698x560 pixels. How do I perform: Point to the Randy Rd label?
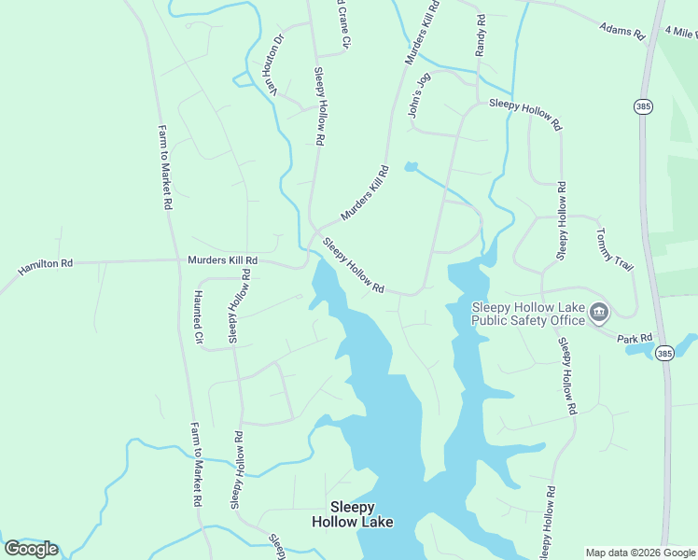click(x=481, y=35)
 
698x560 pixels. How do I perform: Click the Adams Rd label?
click(x=622, y=31)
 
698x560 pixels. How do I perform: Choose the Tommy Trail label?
click(x=614, y=250)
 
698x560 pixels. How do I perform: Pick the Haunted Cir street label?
click(x=198, y=317)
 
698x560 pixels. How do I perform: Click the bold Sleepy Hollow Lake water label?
click(x=353, y=514)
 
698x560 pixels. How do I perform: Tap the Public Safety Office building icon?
click(x=599, y=313)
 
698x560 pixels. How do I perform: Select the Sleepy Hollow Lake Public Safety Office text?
click(x=528, y=314)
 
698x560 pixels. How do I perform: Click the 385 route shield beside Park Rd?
click(x=663, y=353)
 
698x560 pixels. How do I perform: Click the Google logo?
click(x=31, y=548)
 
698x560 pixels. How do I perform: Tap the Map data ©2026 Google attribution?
click(x=640, y=552)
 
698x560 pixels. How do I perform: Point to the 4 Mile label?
click(x=681, y=32)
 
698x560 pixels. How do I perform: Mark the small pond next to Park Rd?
click(x=639, y=350)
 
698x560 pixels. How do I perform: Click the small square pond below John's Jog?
click(x=411, y=167)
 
